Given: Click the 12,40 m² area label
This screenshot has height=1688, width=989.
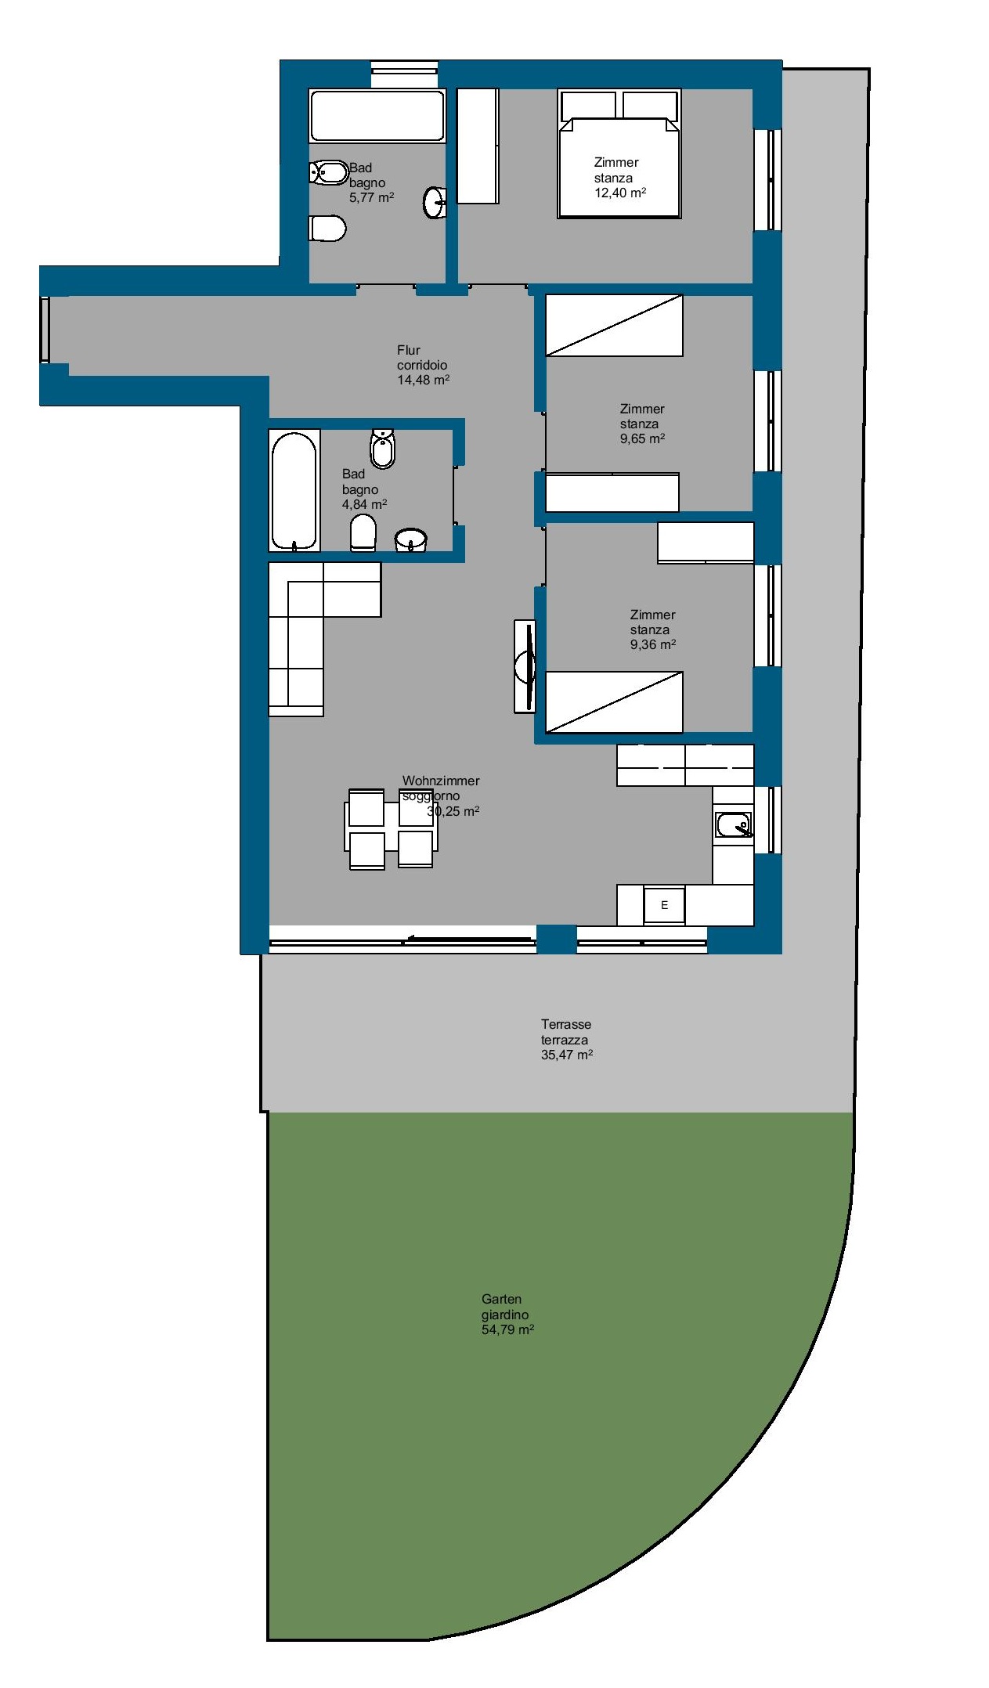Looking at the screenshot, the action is (x=620, y=193).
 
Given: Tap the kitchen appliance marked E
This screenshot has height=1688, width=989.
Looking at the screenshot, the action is (x=664, y=905).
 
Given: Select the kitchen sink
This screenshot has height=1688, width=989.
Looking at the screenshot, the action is (x=734, y=825).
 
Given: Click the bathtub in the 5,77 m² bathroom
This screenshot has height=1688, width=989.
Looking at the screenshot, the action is (x=377, y=116).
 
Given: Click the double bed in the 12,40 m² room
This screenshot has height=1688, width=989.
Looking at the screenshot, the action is (x=619, y=153).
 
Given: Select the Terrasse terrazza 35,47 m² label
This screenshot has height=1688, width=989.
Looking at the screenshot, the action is (x=566, y=1039).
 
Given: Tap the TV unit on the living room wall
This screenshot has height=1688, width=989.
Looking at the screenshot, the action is (x=525, y=666).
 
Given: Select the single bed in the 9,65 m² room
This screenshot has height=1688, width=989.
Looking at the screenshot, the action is (x=614, y=325).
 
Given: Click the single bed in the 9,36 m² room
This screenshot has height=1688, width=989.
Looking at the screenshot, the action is (x=614, y=702).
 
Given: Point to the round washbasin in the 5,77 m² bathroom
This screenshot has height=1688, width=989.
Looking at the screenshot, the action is (x=435, y=202).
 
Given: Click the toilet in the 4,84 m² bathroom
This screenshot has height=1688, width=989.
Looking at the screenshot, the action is (x=363, y=532).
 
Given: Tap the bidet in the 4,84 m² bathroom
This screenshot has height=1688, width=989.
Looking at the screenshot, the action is (x=382, y=449).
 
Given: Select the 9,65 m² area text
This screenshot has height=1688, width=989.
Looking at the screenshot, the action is (x=642, y=438).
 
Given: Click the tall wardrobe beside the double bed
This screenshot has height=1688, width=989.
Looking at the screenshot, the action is (x=478, y=146).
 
